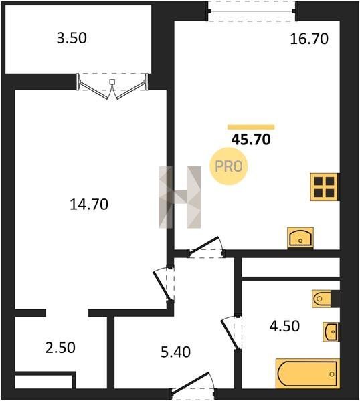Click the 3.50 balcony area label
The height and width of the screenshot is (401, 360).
(x=72, y=38)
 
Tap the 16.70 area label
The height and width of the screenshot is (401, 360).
(x=309, y=39)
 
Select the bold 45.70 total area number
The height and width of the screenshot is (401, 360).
(x=251, y=140)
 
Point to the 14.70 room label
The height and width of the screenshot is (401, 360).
(x=89, y=205)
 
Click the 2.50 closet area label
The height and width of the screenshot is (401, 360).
(x=60, y=348)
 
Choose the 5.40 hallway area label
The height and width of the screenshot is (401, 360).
(x=175, y=352)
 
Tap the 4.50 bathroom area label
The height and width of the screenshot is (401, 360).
(x=284, y=326)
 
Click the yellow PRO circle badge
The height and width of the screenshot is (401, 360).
(x=229, y=166)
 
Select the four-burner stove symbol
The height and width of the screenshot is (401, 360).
(x=325, y=187)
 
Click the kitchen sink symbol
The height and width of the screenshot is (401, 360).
(x=300, y=237)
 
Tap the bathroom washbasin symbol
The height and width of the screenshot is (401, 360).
(x=331, y=332)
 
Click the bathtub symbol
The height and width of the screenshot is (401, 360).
(x=308, y=374)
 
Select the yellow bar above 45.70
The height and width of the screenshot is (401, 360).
(x=251, y=127)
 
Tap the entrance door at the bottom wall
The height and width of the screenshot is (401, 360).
(x=193, y=385)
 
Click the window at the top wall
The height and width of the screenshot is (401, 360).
(x=252, y=11)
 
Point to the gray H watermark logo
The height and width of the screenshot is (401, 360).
(x=179, y=197)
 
